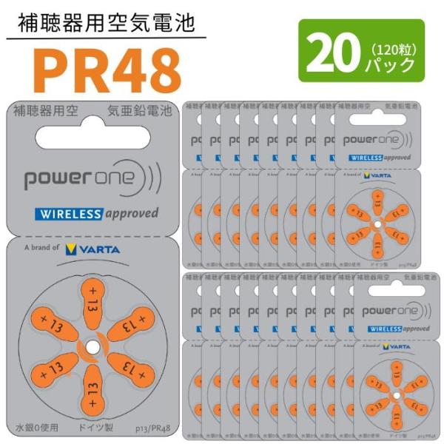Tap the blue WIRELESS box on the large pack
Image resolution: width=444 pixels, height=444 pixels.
pos(68,215)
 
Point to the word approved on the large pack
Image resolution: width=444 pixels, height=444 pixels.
pos(130,214)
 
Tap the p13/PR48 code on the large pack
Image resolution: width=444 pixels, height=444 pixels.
pos(151,428)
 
